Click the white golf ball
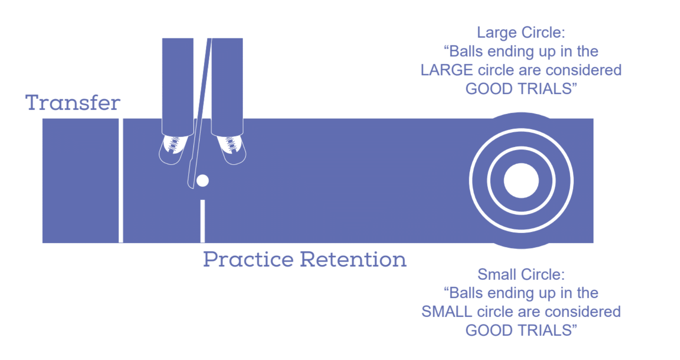(x=202, y=180)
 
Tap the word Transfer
(x=73, y=103)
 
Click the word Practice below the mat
(x=248, y=259)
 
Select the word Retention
(x=353, y=259)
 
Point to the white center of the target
(x=521, y=180)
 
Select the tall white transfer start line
(x=121, y=180)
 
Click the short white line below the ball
(x=202, y=221)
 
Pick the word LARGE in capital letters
(x=446, y=70)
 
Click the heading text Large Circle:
(x=521, y=33)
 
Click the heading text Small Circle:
(x=521, y=274)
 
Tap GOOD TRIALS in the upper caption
(x=521, y=89)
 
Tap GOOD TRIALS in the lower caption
(x=521, y=331)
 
